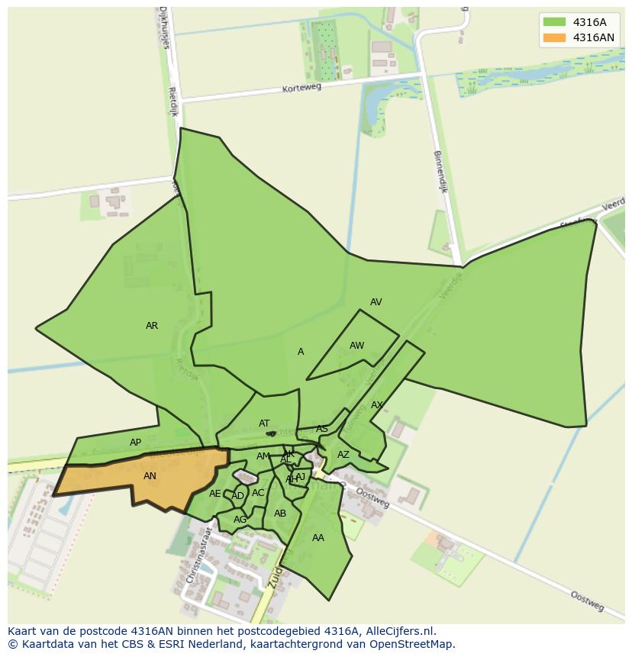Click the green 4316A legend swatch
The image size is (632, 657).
554,22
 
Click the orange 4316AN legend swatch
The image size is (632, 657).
554,37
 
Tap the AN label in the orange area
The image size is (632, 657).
150,476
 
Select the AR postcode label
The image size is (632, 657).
152,326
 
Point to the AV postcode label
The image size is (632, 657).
376,302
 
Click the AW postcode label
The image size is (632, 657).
356,346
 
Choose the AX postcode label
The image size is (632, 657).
377,405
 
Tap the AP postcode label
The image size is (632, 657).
135,443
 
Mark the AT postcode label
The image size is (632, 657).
264,424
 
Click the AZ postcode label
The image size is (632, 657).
343,455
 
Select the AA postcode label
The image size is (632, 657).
318,538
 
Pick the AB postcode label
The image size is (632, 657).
280,514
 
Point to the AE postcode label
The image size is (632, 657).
214,494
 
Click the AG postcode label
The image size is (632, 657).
240,520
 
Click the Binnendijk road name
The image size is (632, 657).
440,172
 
